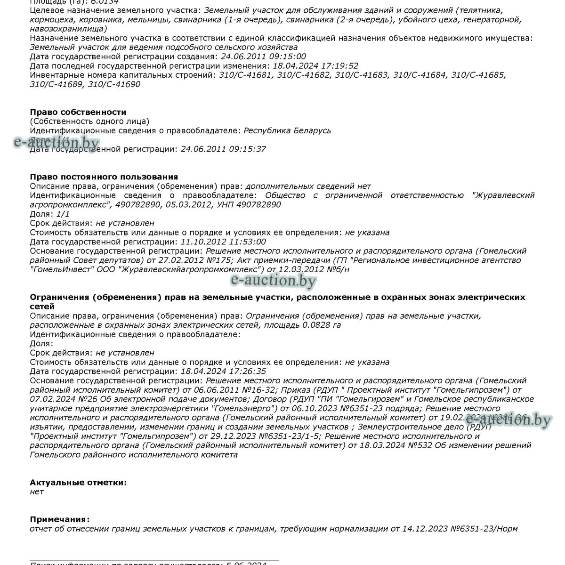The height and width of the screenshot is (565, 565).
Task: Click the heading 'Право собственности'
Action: click(x=78, y=112)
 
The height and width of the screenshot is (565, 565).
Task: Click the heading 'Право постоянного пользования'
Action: click(x=104, y=177)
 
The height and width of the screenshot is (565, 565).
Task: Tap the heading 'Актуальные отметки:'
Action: click(x=78, y=483)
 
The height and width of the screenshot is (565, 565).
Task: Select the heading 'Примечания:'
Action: click(x=59, y=520)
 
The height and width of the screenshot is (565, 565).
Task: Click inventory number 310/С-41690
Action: click(x=114, y=84)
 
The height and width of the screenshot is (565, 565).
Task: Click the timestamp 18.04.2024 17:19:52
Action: click(x=315, y=66)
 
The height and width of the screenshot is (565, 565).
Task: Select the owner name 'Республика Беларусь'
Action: click(x=287, y=131)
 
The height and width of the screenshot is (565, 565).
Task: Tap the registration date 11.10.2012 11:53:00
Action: click(x=223, y=242)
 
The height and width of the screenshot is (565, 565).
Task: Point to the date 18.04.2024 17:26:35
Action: click(x=223, y=371)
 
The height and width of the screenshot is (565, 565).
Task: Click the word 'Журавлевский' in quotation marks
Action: click(x=503, y=195)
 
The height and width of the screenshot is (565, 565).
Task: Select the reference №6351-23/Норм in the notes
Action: click(x=484, y=529)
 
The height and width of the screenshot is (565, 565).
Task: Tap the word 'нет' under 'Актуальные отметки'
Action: click(x=36, y=492)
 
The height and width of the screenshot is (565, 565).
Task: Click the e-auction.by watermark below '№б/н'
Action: click(x=273, y=281)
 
